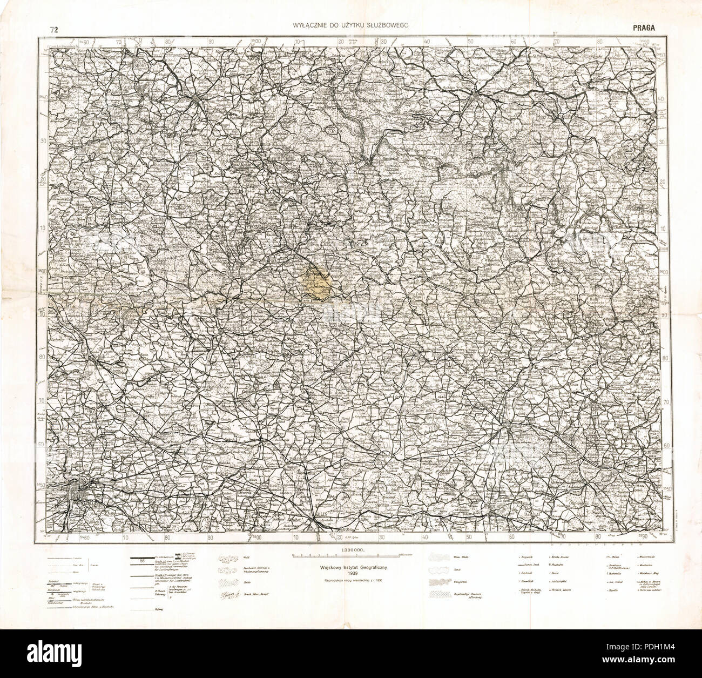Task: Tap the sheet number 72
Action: click(52, 29)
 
